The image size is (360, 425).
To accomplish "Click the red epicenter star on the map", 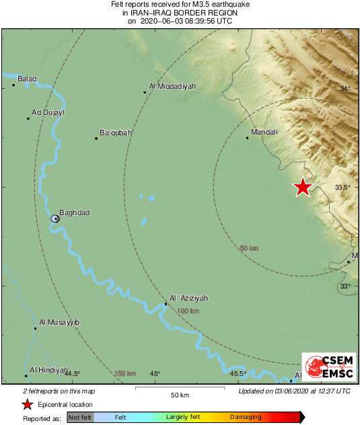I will [303, 187].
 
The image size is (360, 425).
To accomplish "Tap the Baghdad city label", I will [74, 213].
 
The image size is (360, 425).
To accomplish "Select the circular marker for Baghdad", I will [56, 219].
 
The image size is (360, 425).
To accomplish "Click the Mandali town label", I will [264, 132].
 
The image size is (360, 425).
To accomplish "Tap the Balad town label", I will [27, 79].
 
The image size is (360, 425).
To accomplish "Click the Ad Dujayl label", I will [48, 113].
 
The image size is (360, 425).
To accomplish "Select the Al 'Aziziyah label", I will [189, 298].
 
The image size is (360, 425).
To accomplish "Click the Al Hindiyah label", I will [49, 370].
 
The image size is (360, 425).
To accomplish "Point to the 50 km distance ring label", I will [249, 249].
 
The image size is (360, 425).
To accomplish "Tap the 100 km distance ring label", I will [189, 311].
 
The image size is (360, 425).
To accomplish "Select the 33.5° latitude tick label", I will [343, 188].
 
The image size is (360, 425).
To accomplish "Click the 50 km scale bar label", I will [179, 395].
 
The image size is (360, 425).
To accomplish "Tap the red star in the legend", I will [28, 404].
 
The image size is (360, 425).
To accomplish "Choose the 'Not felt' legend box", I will [80, 418].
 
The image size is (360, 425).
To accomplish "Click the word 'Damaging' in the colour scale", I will [246, 418].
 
